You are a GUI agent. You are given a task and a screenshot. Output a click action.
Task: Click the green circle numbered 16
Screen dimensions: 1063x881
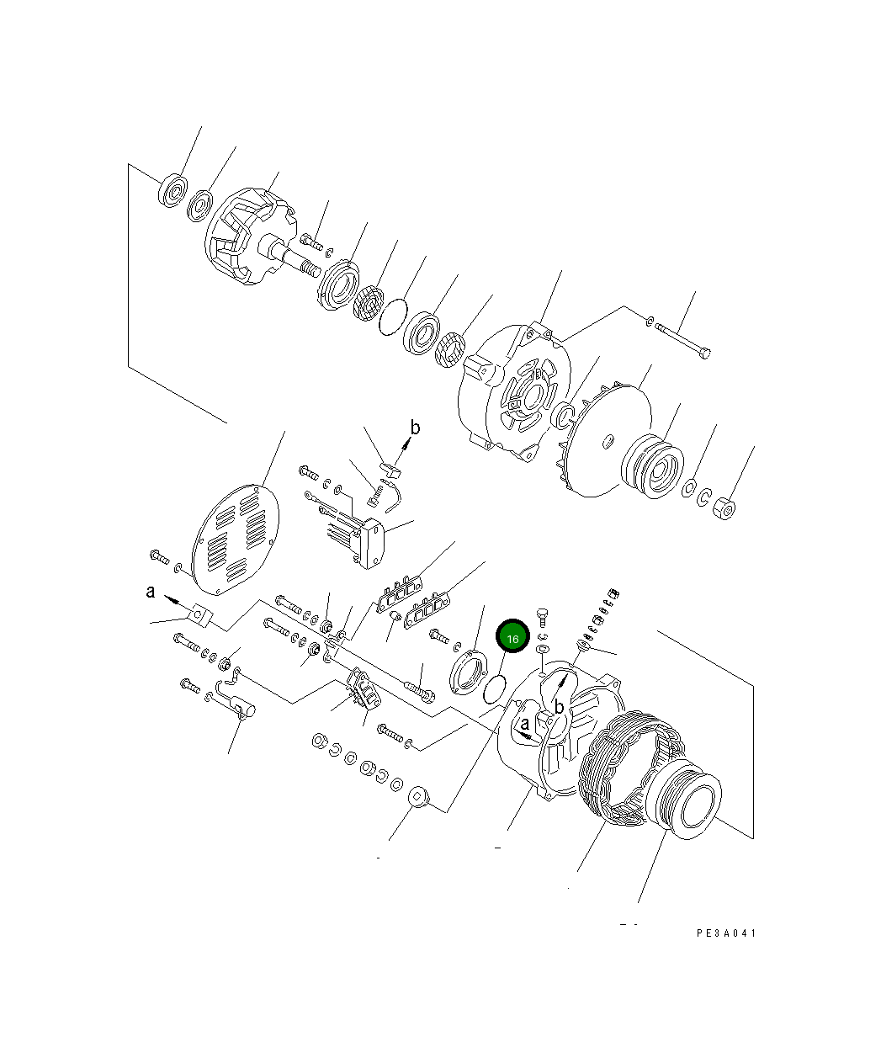(x=512, y=638)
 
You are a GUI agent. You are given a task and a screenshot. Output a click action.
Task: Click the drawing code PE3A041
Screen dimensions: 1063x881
(x=726, y=933)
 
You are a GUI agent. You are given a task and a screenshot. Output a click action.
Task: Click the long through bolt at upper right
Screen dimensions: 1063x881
(x=682, y=343)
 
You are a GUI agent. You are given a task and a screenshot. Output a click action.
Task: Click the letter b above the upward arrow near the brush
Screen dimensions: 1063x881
(x=414, y=428)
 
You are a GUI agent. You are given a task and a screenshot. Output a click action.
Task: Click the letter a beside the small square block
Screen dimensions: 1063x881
(x=151, y=593)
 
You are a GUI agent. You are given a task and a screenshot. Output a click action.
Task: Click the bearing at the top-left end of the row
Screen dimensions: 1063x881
(x=172, y=191)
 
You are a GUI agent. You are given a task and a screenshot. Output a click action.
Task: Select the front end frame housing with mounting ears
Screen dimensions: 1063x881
(x=513, y=390)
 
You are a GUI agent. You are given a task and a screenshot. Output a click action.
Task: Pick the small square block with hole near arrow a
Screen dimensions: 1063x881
(x=202, y=616)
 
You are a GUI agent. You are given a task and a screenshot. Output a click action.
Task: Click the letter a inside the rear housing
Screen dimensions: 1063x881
(x=525, y=723)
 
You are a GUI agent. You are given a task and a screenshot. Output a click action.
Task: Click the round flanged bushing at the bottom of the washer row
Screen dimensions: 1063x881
(x=417, y=798)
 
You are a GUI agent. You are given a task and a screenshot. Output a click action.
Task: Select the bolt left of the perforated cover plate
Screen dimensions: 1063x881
(x=160, y=555)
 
